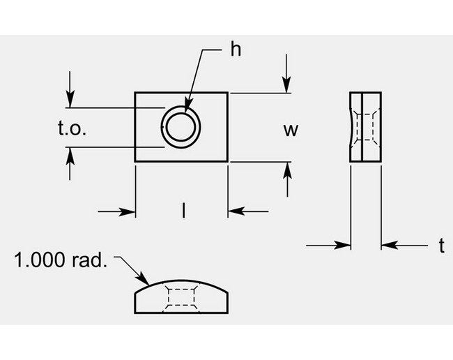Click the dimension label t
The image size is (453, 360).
441,245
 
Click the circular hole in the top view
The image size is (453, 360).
181,127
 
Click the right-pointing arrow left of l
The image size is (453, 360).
128,211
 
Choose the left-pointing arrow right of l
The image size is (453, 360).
236,211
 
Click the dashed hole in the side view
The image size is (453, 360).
366,127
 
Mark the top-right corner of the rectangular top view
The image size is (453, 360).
228,93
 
